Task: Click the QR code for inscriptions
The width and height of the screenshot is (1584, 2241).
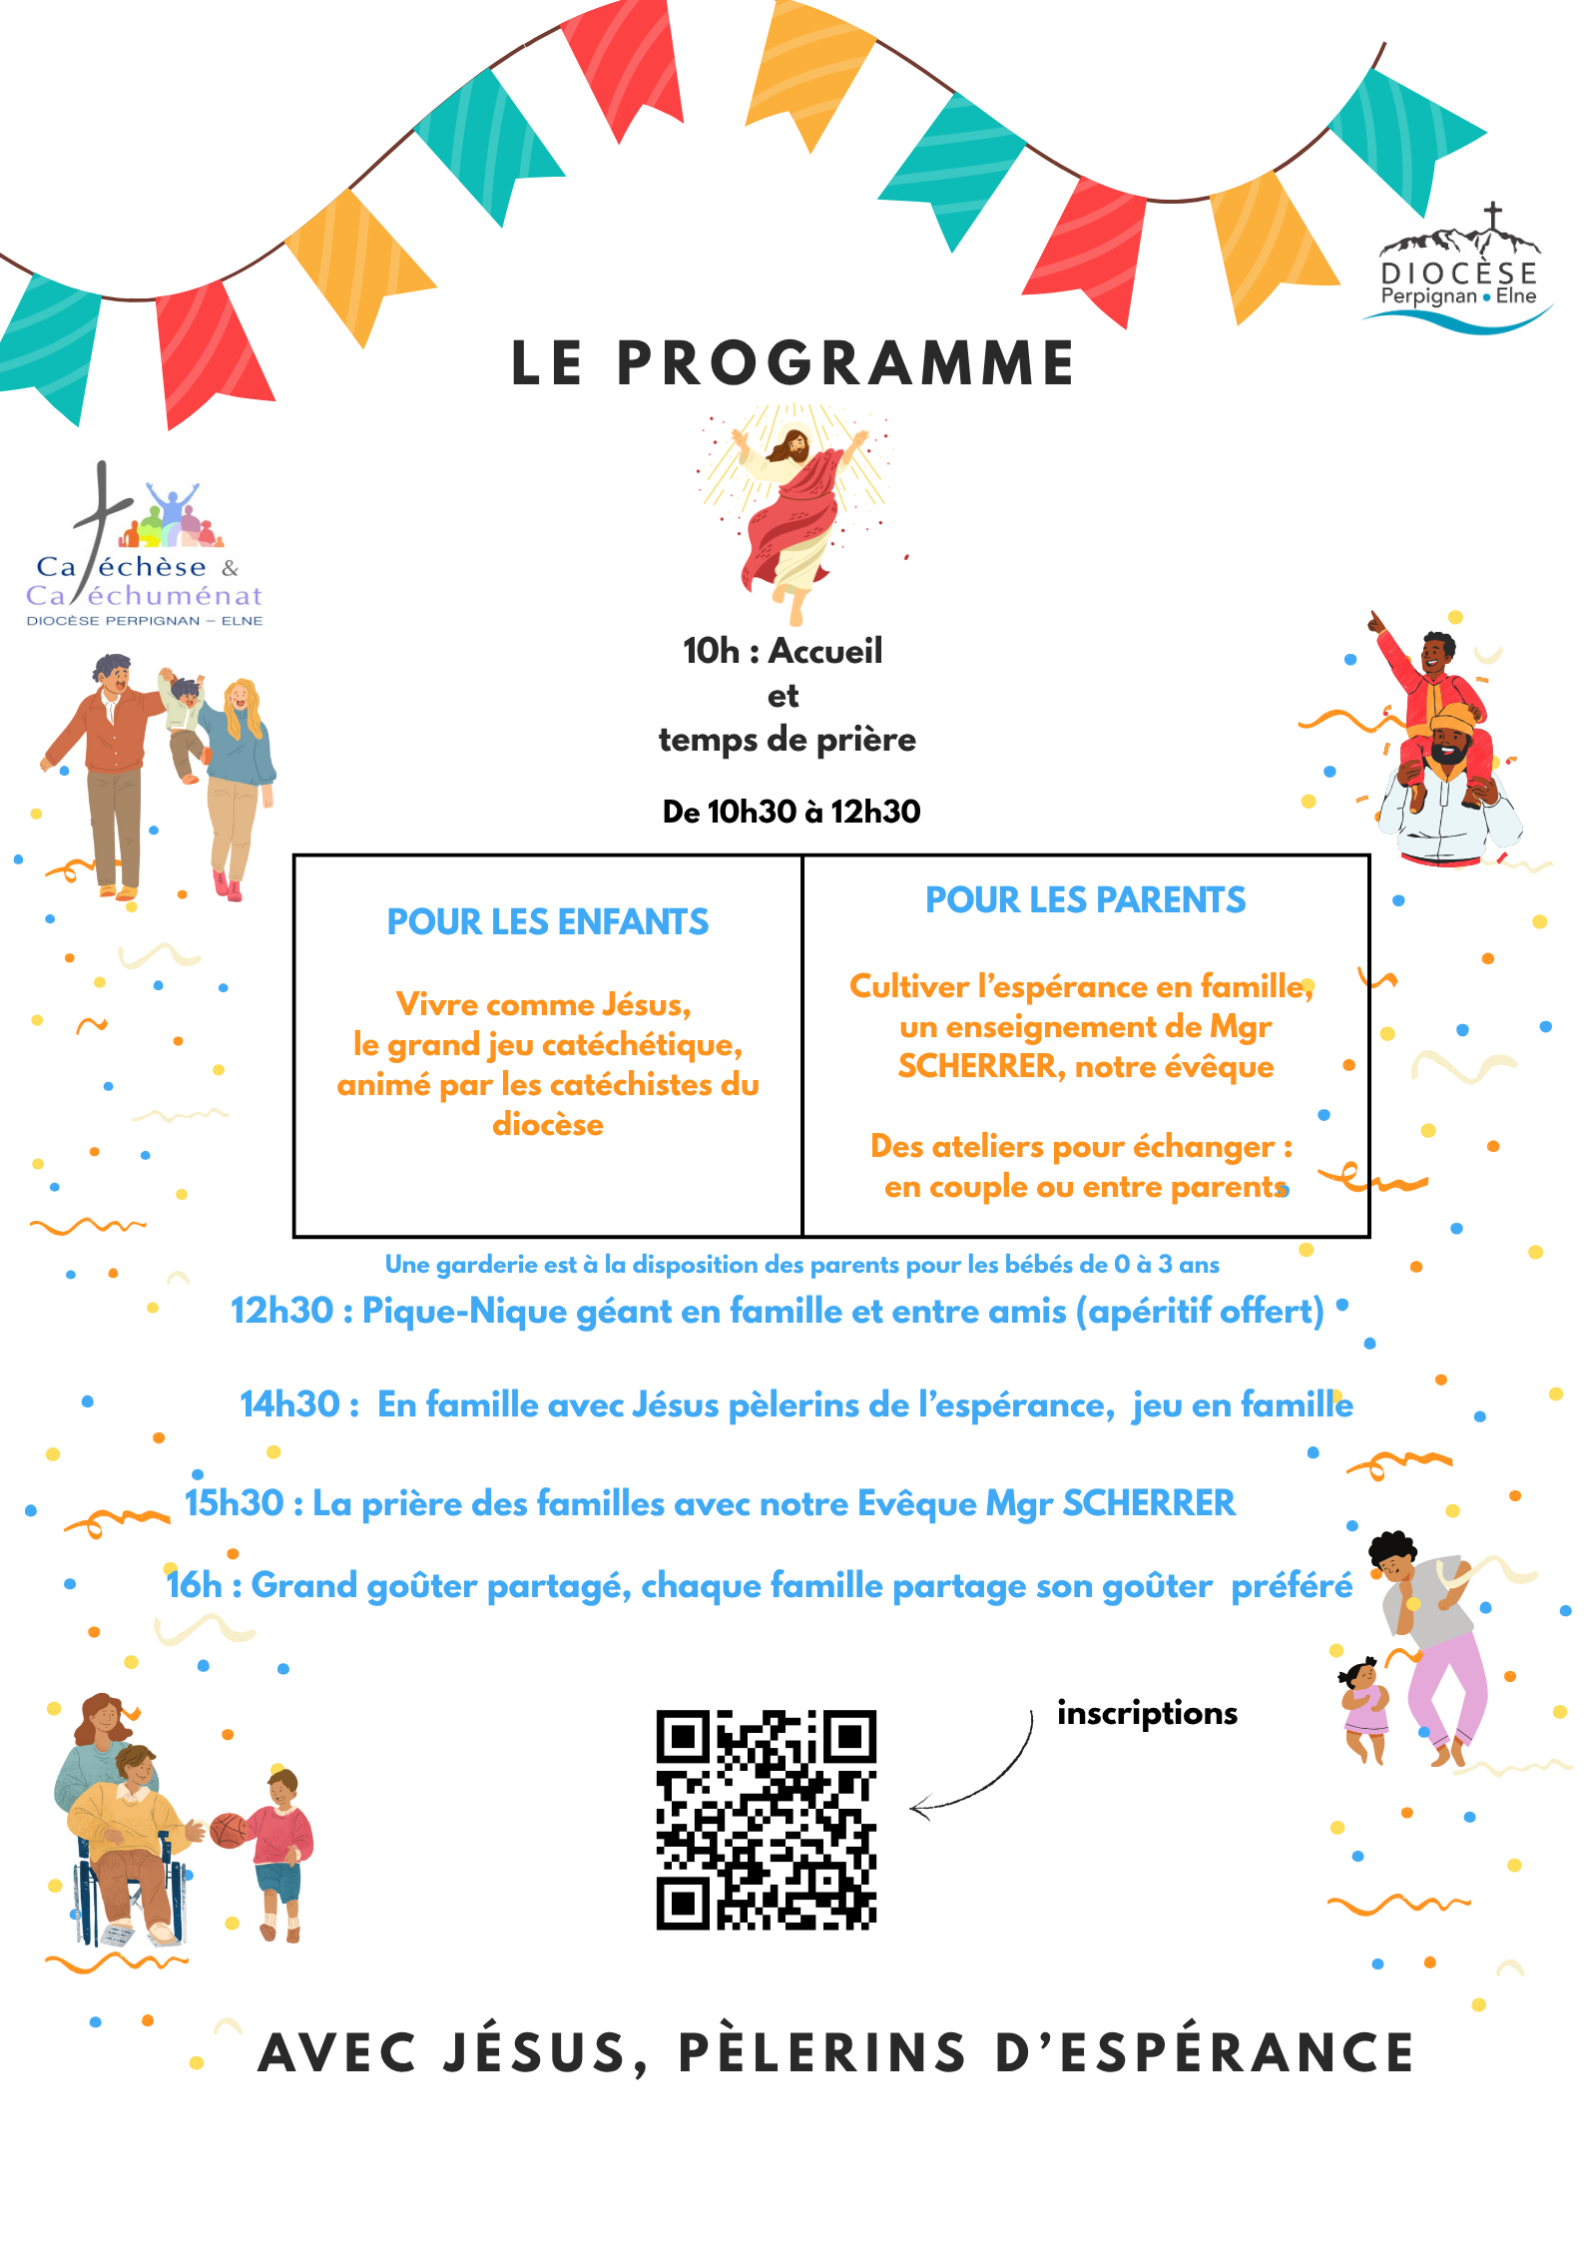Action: [x=766, y=1819]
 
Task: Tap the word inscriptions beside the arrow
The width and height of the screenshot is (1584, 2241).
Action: [x=1147, y=1713]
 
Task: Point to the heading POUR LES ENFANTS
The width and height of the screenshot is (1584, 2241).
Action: [x=547, y=922]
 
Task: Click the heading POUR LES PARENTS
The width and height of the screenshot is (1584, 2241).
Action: [x=1085, y=900]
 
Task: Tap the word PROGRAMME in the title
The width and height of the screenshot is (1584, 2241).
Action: [x=845, y=363]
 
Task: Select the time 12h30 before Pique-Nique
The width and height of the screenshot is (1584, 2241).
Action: [x=281, y=1311]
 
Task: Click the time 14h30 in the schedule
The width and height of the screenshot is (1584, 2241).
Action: [x=289, y=1404]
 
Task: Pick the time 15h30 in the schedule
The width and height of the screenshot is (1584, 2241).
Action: [x=235, y=1503]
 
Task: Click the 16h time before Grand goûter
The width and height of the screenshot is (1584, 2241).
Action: [x=194, y=1585]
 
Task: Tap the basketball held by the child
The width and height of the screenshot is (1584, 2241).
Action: [x=229, y=1830]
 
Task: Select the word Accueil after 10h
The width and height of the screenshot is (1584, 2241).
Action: [x=825, y=651]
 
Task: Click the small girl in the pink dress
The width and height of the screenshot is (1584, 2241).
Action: [x=1364, y=1707]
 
